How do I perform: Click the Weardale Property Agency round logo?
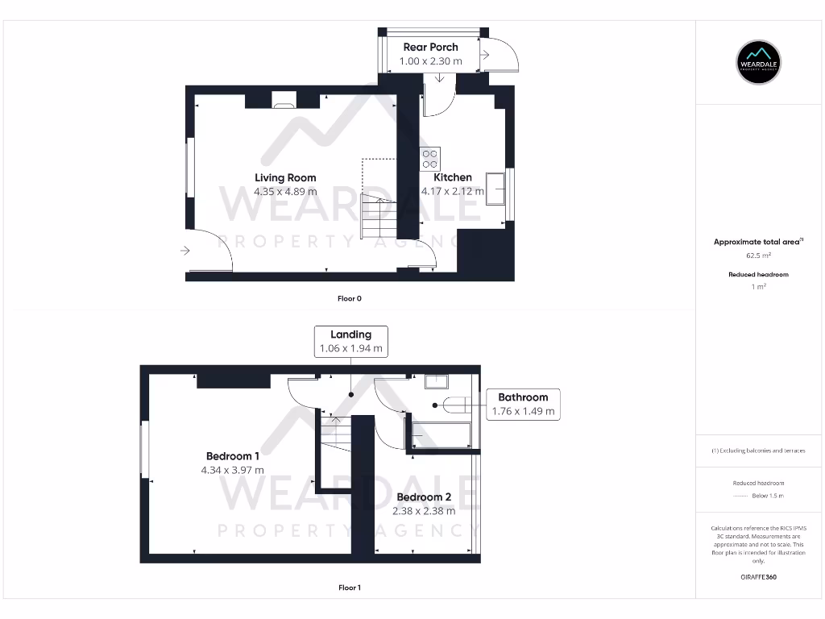[760, 62]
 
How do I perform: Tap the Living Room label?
[285, 178]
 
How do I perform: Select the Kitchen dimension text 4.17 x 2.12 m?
[453, 192]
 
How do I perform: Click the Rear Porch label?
[430, 48]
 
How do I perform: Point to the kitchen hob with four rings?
[430, 159]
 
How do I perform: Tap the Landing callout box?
[350, 342]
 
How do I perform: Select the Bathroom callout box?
[523, 404]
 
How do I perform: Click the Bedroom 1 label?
[232, 456]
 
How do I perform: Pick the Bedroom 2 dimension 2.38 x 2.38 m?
[424, 511]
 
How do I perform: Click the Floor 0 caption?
[350, 298]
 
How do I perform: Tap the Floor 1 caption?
[350, 588]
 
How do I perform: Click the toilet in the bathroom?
[456, 405]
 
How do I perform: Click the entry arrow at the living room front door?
[185, 251]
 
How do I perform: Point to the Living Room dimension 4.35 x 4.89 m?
[285, 192]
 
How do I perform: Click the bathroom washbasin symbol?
[436, 382]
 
